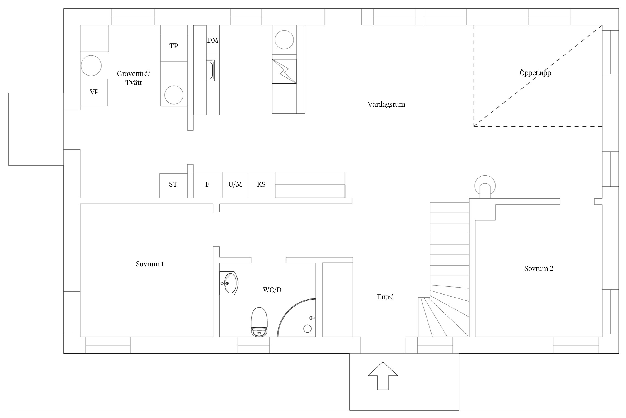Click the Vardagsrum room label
pyautogui.click(x=386, y=104)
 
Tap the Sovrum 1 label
pyautogui.click(x=150, y=264)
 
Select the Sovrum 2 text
pyautogui.click(x=539, y=268)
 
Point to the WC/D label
pyautogui.click(x=272, y=290)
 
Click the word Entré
pyautogui.click(x=385, y=297)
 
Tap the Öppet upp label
pyautogui.click(x=535, y=73)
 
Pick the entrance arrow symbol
pyautogui.click(x=383, y=376)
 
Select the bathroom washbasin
pyautogui.click(x=229, y=283)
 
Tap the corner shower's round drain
pyautogui.click(x=307, y=329)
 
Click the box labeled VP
pyautogui.click(x=94, y=92)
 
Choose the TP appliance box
pyautogui.click(x=174, y=48)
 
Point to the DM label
pyautogui.click(x=213, y=40)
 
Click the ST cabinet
pyautogui.click(x=173, y=186)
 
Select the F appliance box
pyautogui.click(x=208, y=185)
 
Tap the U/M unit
pyautogui.click(x=235, y=185)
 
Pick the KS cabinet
pyautogui.click(x=262, y=185)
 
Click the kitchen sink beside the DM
pyautogui.click(x=210, y=71)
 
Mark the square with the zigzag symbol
pyautogui.click(x=284, y=71)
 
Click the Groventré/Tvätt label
pyautogui.click(x=134, y=78)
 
